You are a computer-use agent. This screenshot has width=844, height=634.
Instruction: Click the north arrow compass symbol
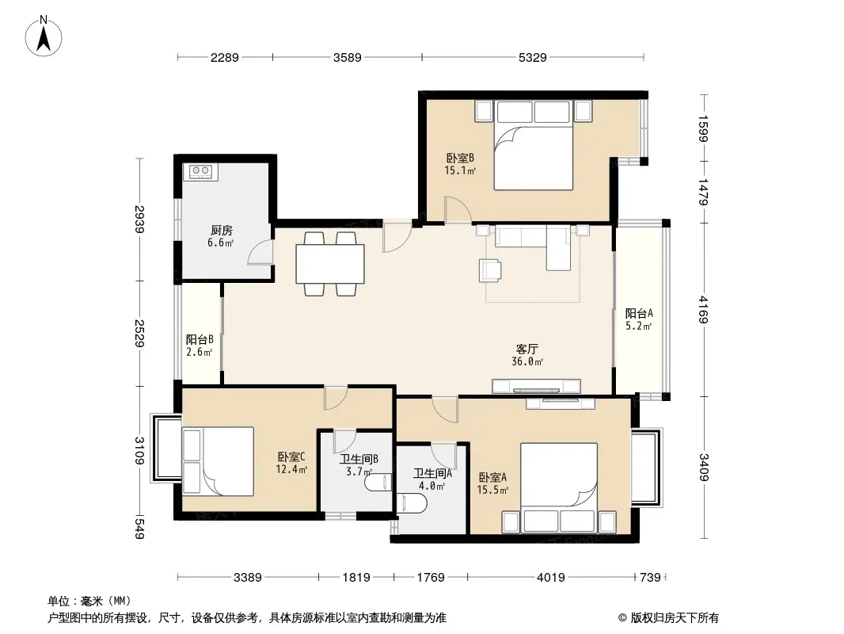tap(44, 36)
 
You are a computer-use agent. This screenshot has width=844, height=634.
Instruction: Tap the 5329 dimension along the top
tap(532, 57)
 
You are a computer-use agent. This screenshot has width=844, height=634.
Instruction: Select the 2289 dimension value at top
tap(224, 57)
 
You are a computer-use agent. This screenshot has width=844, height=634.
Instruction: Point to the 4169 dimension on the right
tap(703, 310)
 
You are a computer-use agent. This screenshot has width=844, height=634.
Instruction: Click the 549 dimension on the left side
tap(139, 528)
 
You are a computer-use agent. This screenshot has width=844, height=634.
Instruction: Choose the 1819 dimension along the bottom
tap(356, 578)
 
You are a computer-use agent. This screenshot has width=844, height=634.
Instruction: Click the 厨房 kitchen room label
tap(221, 231)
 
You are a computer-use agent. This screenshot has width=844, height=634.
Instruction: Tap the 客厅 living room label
tap(527, 349)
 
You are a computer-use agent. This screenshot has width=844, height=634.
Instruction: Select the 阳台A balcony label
tap(639, 314)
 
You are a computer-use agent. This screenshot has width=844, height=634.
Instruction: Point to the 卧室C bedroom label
tap(291, 456)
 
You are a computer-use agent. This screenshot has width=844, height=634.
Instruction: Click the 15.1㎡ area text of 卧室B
tap(460, 170)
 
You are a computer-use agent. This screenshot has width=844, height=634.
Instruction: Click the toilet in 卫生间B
tap(378, 482)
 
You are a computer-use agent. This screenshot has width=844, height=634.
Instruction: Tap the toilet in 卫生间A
tap(412, 503)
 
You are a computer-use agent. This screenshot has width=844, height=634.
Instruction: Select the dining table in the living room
tap(330, 264)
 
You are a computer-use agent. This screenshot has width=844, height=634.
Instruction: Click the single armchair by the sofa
tap(490, 270)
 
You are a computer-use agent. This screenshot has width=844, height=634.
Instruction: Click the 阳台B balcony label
tap(200, 340)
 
